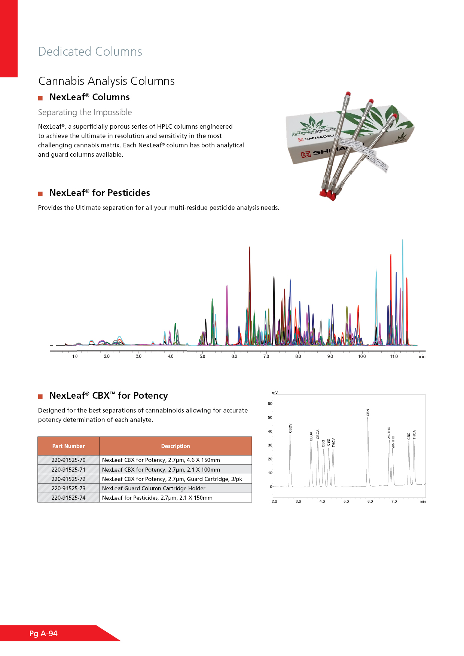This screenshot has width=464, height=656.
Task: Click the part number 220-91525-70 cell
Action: pyautogui.click(x=68, y=460)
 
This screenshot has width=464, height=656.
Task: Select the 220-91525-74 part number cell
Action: pyautogui.click(x=68, y=498)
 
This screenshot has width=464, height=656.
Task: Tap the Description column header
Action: pyautogui.click(x=175, y=446)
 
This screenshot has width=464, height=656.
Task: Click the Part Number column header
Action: pyautogui.click(x=68, y=446)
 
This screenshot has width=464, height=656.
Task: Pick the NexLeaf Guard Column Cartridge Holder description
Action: pyautogui.click(x=153, y=488)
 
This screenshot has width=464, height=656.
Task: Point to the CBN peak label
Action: pyautogui.click(x=368, y=413)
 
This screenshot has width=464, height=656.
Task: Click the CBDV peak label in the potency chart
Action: pyautogui.click(x=290, y=428)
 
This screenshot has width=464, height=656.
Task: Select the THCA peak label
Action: pyautogui.click(x=414, y=435)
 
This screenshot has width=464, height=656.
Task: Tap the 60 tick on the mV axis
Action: pyautogui.click(x=270, y=404)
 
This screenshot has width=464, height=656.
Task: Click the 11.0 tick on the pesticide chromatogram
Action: pyautogui.click(x=394, y=356)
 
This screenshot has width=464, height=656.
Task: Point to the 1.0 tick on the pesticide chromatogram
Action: pyautogui.click(x=75, y=356)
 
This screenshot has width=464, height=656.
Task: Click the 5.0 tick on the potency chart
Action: pyautogui.click(x=346, y=501)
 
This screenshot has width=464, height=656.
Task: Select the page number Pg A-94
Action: pyautogui.click(x=43, y=634)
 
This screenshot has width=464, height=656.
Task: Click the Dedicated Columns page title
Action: pyautogui.click(x=90, y=52)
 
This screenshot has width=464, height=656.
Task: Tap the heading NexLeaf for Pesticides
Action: pyautogui.click(x=100, y=193)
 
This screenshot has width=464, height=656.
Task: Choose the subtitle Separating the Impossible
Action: pyautogui.click(x=85, y=113)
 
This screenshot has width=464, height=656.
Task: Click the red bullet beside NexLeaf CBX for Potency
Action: pyautogui.click(x=40, y=396)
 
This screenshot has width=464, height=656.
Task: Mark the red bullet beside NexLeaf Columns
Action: pyautogui.click(x=40, y=98)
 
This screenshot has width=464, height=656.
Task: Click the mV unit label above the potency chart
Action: pyautogui.click(x=275, y=393)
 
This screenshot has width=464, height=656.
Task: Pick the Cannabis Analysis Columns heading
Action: pyautogui.click(x=106, y=81)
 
